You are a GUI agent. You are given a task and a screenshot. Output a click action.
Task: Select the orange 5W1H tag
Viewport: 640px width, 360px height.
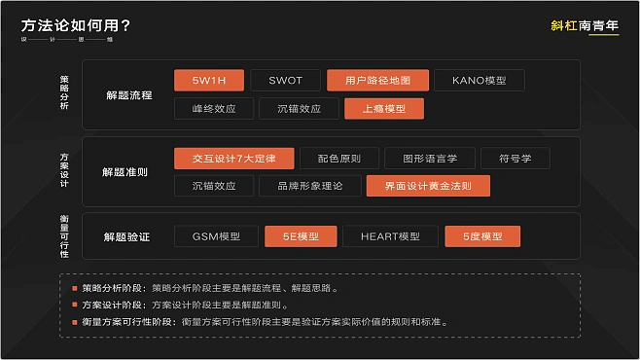[208, 81]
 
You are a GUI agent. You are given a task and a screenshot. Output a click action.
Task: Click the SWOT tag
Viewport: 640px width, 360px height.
[285, 81]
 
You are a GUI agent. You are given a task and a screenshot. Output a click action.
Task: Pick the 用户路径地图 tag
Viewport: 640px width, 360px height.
[377, 81]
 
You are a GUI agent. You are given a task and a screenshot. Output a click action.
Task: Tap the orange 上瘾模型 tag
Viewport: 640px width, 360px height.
[384, 108]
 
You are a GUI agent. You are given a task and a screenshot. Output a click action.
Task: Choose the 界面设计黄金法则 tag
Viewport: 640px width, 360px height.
[429, 185]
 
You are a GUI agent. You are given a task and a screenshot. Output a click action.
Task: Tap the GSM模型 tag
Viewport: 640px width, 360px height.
[216, 236]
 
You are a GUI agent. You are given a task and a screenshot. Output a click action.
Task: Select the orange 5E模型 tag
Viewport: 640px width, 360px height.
[301, 236]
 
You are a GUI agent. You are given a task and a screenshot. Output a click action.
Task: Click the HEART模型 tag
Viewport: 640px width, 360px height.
[389, 236]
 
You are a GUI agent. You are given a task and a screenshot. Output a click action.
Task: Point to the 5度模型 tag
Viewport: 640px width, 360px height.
[482, 236]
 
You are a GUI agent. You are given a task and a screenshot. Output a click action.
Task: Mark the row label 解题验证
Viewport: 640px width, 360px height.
[125, 236]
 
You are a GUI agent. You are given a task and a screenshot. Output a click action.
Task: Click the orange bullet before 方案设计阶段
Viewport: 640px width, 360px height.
[74, 305]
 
